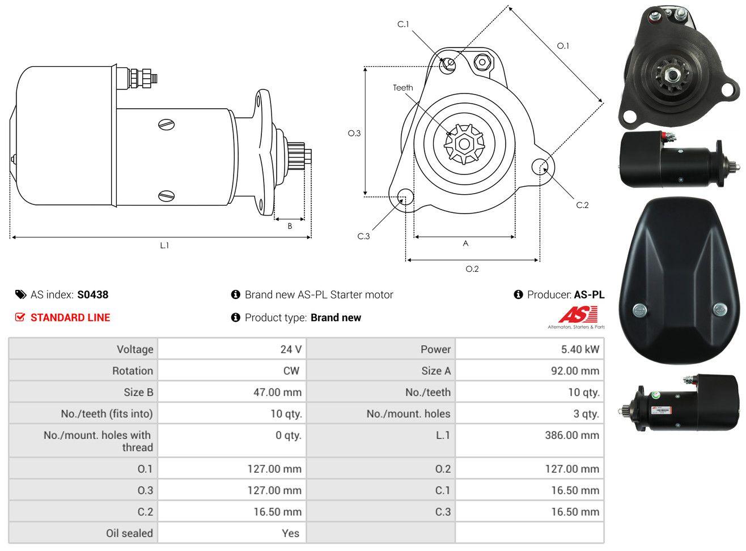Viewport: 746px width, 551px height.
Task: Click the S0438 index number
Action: [x=92, y=294]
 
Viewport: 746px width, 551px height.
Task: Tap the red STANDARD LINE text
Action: [x=70, y=318]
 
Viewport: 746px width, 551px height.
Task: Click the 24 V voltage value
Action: [x=291, y=349]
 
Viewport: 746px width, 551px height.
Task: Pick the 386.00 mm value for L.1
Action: [x=572, y=435]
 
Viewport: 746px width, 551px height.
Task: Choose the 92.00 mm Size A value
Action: [x=575, y=370]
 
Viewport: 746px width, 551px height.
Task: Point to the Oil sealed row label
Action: [x=129, y=533]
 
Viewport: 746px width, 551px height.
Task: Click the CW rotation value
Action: [x=291, y=370]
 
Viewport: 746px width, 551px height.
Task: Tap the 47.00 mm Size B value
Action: [x=277, y=392]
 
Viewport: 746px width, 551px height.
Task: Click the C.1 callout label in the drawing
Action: [x=403, y=24]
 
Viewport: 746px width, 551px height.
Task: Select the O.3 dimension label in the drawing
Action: [x=354, y=134]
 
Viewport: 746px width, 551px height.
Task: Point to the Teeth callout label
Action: [x=403, y=88]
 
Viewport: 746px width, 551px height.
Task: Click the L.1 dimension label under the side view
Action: [x=164, y=246]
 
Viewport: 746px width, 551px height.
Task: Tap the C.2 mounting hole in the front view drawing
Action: [x=540, y=166]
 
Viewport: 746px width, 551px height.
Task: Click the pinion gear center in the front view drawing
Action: [x=464, y=144]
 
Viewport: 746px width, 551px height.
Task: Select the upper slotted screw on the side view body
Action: [x=167, y=125]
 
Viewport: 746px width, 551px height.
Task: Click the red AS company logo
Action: [x=578, y=314]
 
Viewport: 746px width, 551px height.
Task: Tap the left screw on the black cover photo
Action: [x=640, y=310]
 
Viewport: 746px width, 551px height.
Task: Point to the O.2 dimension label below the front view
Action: [x=472, y=269]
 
